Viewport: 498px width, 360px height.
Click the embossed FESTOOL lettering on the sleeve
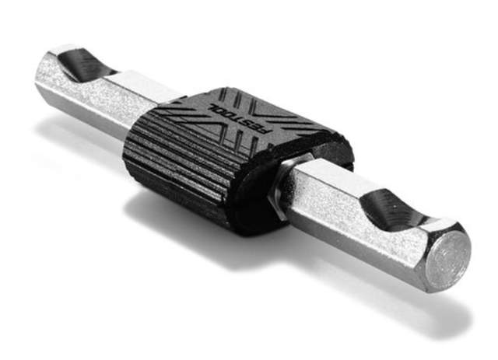(239, 118)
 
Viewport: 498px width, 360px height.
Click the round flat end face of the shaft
(447, 258)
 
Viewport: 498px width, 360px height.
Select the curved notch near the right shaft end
(394, 209)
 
